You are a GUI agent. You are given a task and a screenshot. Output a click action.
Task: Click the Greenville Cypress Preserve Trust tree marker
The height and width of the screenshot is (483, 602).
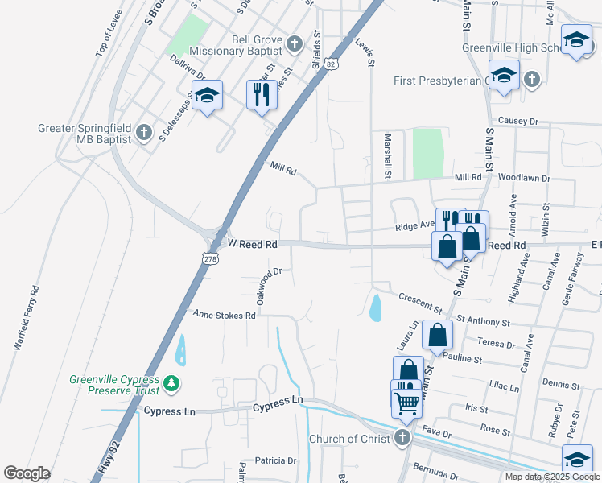click(x=171, y=385)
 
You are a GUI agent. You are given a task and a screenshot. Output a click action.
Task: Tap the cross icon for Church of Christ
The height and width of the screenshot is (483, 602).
click(x=402, y=438)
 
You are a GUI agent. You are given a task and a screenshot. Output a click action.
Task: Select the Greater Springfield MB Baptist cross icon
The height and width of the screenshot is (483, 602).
click(x=143, y=132)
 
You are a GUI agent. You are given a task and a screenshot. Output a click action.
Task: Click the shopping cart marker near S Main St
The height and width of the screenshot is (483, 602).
click(x=408, y=402)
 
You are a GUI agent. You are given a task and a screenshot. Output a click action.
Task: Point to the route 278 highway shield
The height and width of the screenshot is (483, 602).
click(x=210, y=258)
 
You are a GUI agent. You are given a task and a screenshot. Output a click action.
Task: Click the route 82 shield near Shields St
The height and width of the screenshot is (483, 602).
click(x=332, y=63)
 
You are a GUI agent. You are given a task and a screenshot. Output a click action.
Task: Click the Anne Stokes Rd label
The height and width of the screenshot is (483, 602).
click(x=223, y=315)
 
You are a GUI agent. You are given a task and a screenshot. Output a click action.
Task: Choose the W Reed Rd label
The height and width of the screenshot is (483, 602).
click(x=253, y=243)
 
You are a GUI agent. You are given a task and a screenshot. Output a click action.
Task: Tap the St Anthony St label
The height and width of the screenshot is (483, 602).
click(x=482, y=320)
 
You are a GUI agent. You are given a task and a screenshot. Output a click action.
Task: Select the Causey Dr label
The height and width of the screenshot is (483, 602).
click(x=517, y=120)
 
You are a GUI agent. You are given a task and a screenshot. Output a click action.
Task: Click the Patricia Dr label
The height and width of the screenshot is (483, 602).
click(x=275, y=460)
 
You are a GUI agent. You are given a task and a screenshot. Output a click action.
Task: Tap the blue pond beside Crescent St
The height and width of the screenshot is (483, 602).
click(x=375, y=307)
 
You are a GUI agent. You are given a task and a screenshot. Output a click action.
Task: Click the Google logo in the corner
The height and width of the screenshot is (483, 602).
click(x=27, y=473)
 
